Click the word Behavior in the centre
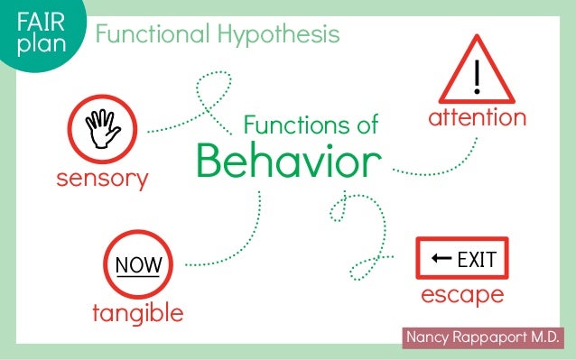283,162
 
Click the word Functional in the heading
152,35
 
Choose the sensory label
102,179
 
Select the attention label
477,118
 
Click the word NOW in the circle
138,265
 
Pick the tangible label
138,313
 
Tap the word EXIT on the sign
477,261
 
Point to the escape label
462,295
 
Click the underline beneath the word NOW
138,275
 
